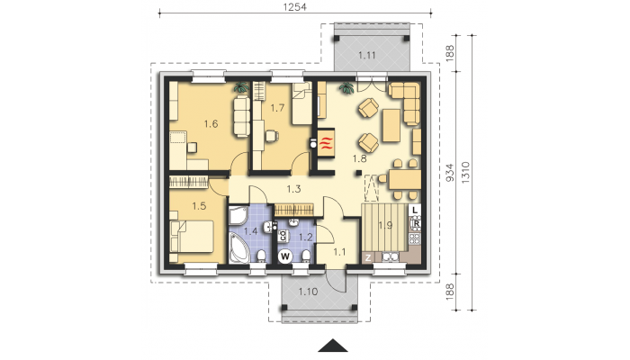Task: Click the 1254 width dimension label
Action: click(294, 7)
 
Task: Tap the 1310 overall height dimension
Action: click(465, 173)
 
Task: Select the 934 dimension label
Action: click(450, 173)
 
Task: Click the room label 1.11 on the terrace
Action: click(367, 56)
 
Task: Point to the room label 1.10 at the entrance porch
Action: click(308, 292)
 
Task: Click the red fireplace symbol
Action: click(326, 144)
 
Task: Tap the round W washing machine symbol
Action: click(285, 256)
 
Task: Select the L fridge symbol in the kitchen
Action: click(415, 210)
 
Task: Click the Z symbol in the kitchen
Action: click(367, 257)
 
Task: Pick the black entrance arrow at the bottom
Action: click(333, 346)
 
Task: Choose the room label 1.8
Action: click(360, 158)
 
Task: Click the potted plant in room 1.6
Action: click(241, 87)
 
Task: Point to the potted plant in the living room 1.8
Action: click(346, 87)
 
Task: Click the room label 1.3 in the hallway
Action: click(293, 188)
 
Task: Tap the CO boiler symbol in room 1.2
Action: click(283, 236)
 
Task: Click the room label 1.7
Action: click(277, 108)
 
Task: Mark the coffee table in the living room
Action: click(391, 125)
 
